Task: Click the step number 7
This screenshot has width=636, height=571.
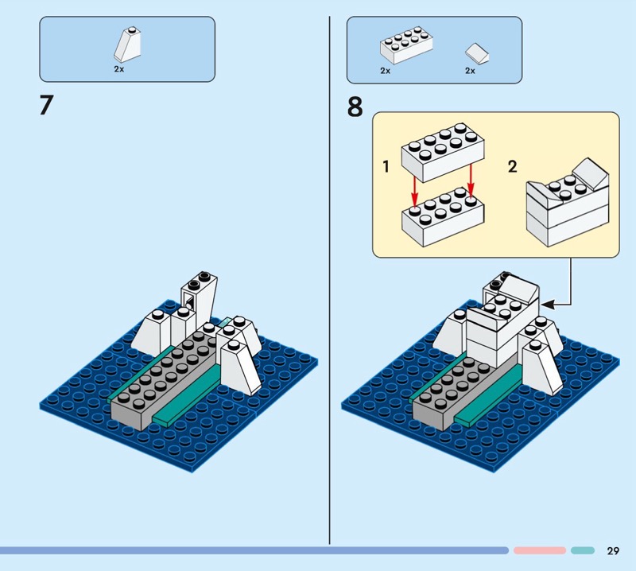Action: [x=46, y=106]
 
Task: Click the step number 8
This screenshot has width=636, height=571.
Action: [x=355, y=106]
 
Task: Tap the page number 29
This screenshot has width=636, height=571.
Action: [x=612, y=550]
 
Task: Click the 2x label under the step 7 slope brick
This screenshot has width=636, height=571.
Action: [x=119, y=70]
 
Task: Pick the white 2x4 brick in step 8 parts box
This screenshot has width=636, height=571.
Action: [x=406, y=47]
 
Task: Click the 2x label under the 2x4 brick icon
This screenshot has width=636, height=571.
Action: [x=386, y=71]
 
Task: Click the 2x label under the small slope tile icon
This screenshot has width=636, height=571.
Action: [x=470, y=71]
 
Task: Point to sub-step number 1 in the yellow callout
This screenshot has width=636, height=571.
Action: [x=386, y=167]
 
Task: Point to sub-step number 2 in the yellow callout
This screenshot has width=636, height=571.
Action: [x=512, y=166]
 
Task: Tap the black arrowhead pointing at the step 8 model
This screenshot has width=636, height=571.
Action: [x=554, y=302]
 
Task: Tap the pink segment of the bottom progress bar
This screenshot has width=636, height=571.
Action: [x=539, y=550]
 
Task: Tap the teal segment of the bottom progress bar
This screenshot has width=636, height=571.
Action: [x=582, y=550]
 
